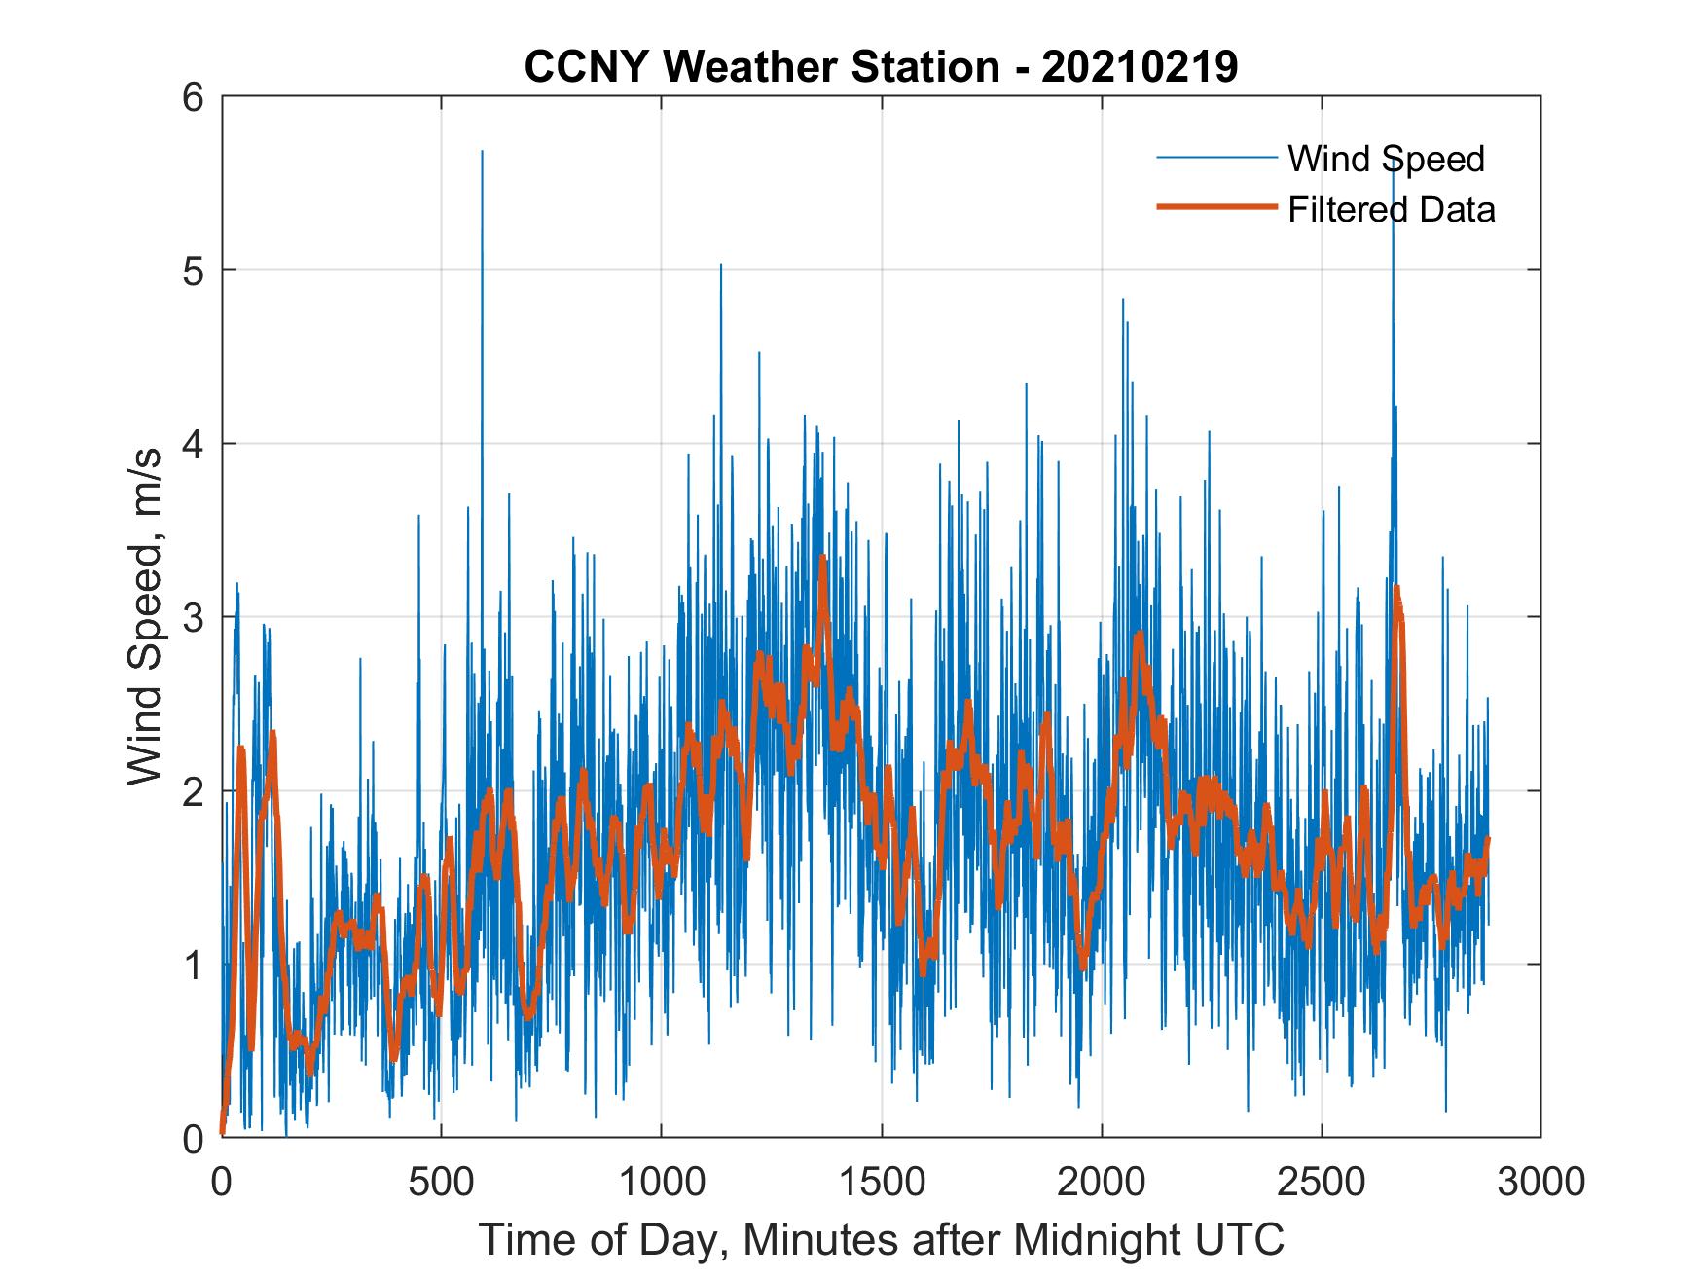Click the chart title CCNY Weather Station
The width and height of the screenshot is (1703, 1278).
[x=761, y=67]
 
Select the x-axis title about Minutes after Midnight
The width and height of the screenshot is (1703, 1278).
[x=882, y=1239]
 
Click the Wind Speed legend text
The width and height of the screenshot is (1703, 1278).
[x=1386, y=159]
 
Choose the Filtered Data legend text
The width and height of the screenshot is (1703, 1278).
[x=1391, y=209]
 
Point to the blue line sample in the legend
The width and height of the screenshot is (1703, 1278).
[x=1215, y=158]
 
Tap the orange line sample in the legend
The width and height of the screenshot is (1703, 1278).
[x=1215, y=206]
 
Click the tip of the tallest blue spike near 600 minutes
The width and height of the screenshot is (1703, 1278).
[x=482, y=151]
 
